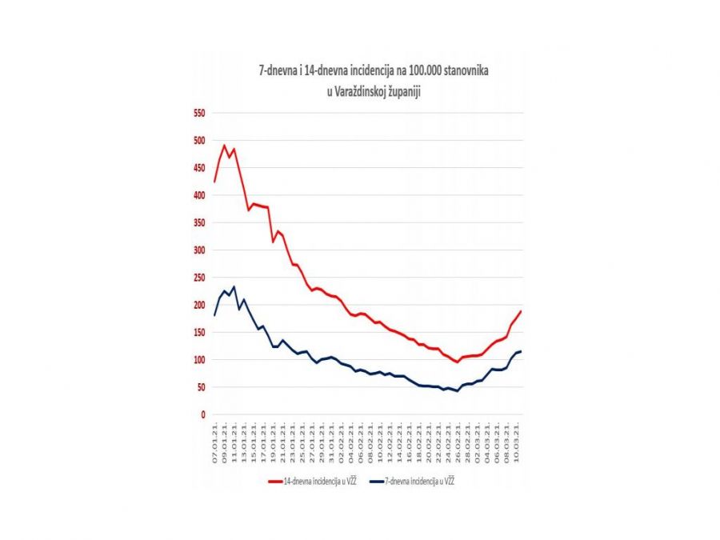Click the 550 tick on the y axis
(x=198, y=113)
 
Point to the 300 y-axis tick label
(x=198, y=250)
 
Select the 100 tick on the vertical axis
(x=198, y=360)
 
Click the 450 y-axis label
(x=198, y=168)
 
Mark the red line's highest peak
(x=224, y=146)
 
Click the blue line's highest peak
(x=234, y=286)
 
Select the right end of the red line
(x=521, y=311)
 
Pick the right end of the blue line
(x=521, y=351)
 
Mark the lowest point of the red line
(x=458, y=362)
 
